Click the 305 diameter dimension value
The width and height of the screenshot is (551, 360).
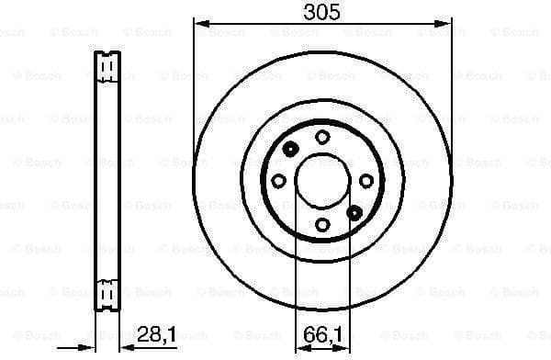pyautogui.click(x=322, y=13)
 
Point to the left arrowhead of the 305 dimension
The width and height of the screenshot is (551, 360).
pyautogui.click(x=198, y=23)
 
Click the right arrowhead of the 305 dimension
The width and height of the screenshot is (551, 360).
pyautogui.click(x=447, y=23)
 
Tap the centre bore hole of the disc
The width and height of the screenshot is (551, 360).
pyautogui.click(x=321, y=180)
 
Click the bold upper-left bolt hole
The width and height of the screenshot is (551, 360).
pyautogui.click(x=290, y=150)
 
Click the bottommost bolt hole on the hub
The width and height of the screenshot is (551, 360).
pyautogui.click(x=322, y=225)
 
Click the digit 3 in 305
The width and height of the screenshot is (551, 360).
pyautogui.click(x=310, y=13)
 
